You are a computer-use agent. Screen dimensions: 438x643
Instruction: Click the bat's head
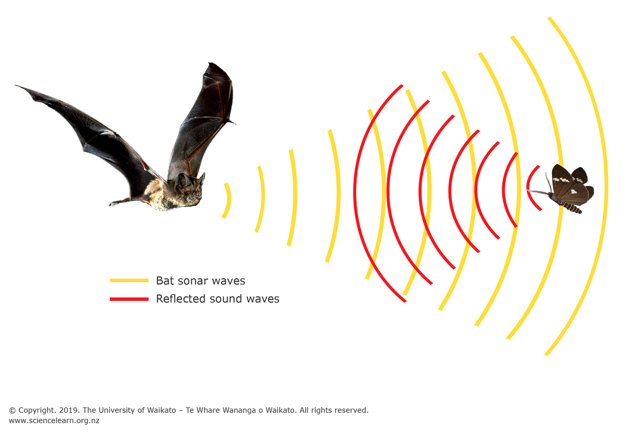[191, 188]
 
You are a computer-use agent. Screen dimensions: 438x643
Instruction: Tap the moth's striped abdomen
[572, 208]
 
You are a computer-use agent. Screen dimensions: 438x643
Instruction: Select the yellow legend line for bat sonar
[129, 280]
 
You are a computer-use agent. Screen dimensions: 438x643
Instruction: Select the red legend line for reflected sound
[129, 299]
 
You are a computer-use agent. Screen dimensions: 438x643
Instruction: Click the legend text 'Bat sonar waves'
[200, 280]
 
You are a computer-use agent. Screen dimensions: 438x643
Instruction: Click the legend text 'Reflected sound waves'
[217, 299]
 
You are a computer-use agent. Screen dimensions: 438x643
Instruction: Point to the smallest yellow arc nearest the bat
[229, 200]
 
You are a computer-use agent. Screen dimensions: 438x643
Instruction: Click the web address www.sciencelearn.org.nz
[54, 421]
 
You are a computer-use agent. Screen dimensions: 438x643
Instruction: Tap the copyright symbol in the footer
[12, 410]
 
